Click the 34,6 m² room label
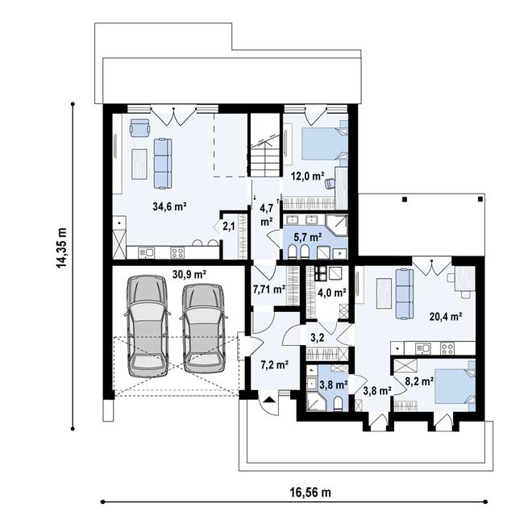[x=170, y=206]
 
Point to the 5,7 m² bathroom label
[x=307, y=238]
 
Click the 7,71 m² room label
[x=268, y=289]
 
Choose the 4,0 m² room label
[x=331, y=293]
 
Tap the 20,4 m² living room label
[x=446, y=317]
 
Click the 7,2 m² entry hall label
[x=273, y=364]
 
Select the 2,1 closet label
[x=229, y=227]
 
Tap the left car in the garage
[x=148, y=322]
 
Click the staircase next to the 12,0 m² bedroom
[x=264, y=156]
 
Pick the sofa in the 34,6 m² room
[x=163, y=162]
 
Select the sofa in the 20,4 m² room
[x=403, y=292]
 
